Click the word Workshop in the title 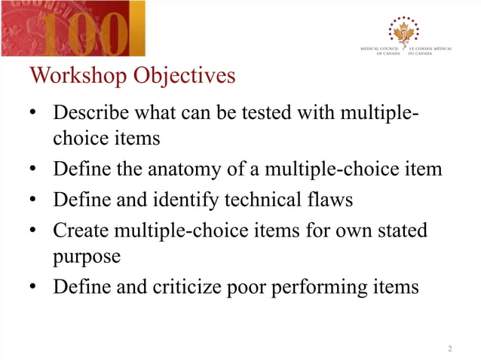tap(77, 76)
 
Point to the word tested tap(273, 113)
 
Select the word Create tap(80, 230)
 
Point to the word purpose tap(87, 257)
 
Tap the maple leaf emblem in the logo tap(404, 31)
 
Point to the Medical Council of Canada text tap(382, 51)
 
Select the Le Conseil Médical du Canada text tap(430, 51)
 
